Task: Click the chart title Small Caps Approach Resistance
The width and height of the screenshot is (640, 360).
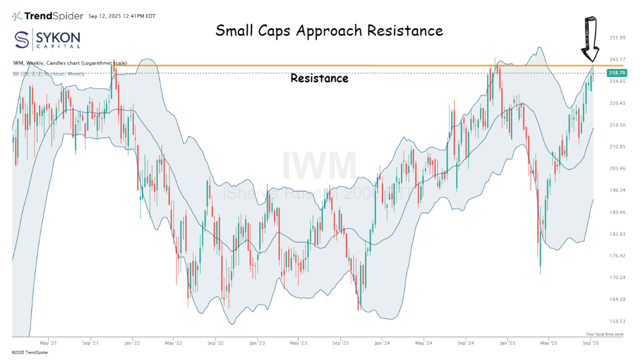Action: pos(329,31)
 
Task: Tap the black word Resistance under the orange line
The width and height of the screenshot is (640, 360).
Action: pos(319,79)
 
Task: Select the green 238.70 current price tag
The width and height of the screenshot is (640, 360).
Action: pos(615,73)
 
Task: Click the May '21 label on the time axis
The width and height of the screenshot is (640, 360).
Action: pos(48,342)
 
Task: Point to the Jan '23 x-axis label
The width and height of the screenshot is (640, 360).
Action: pos(255,342)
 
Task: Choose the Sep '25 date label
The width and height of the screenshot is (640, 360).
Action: pos(591,342)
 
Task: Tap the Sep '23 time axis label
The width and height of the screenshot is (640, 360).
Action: pos(340,342)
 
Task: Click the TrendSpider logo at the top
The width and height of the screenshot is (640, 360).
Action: pos(47,16)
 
